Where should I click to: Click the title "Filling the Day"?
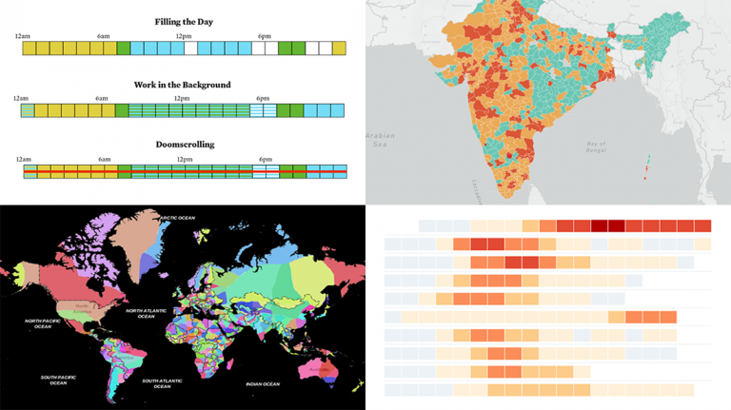(183, 21)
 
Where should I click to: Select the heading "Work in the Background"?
(182, 85)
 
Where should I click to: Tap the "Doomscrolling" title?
(184, 145)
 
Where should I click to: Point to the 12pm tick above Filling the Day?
(183, 35)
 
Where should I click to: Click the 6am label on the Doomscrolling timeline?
(104, 159)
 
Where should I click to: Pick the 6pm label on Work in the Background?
(264, 98)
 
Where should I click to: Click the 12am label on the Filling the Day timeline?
(22, 35)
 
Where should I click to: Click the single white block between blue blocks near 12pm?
(191, 48)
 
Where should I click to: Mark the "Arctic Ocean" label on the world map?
(177, 218)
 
